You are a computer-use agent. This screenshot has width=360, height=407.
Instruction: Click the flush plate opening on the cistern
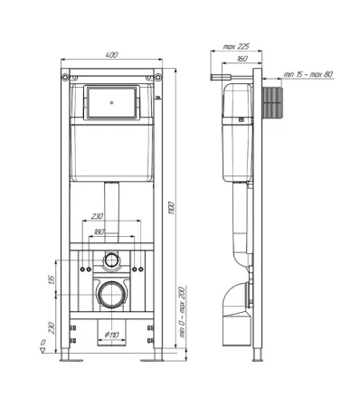pyautogui.click(x=113, y=102)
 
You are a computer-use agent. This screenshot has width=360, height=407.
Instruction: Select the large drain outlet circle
pyautogui.click(x=112, y=294)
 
